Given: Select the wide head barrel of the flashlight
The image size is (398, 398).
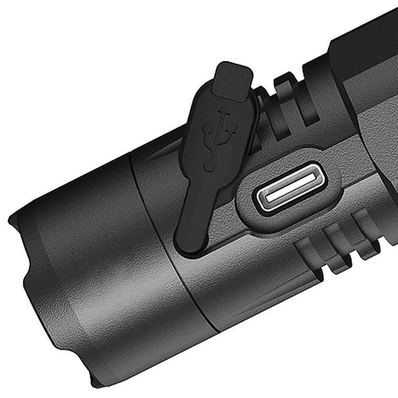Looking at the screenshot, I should [x=89, y=272].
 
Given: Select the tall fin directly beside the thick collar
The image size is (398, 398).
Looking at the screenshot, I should [x=314, y=94].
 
